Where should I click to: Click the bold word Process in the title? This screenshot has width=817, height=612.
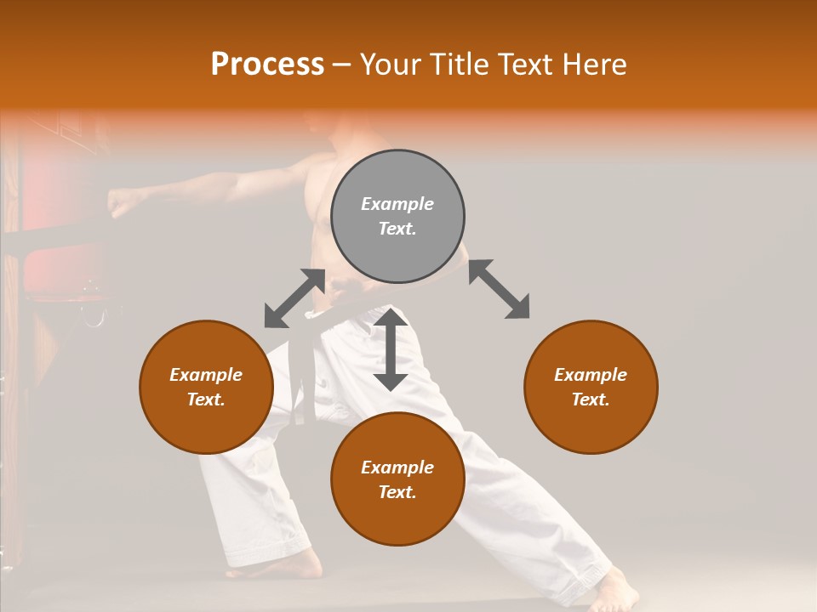pos(267,65)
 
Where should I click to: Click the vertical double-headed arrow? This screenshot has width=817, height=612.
pos(391,349)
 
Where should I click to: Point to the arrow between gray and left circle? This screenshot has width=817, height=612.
pos(294,297)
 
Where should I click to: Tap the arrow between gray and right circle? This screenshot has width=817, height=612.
pos(499,289)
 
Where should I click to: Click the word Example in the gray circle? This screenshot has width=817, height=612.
pos(397,204)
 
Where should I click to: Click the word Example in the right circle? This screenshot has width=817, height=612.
pos(591,375)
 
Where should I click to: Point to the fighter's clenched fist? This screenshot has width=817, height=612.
pos(123,202)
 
